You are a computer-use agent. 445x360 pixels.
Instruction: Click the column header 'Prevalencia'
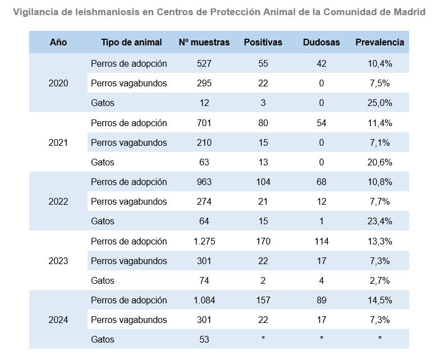click(379, 42)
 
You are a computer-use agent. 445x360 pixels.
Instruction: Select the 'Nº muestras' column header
click(204, 42)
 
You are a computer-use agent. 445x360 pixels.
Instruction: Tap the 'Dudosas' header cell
click(321, 42)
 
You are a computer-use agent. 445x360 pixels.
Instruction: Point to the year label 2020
click(58, 84)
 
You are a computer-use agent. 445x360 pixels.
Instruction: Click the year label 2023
click(58, 261)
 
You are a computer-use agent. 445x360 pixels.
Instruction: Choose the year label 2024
click(58, 320)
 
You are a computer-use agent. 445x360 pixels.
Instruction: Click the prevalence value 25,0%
click(379, 103)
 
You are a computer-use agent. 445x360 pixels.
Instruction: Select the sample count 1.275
click(204, 241)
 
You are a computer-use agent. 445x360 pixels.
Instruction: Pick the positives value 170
click(263, 241)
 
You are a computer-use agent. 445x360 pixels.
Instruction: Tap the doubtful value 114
click(321, 241)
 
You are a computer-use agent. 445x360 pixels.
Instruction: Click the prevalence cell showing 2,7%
click(379, 280)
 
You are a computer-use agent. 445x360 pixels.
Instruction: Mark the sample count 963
click(204, 182)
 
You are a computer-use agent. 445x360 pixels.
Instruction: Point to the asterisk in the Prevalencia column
click(379, 339)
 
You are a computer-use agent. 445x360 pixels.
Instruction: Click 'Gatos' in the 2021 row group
click(102, 163)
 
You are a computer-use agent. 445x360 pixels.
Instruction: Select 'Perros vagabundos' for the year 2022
click(129, 202)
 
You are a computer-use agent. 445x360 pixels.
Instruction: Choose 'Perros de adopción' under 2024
click(129, 300)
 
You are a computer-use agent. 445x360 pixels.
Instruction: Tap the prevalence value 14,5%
click(379, 300)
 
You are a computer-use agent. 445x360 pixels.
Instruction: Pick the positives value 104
click(263, 182)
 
